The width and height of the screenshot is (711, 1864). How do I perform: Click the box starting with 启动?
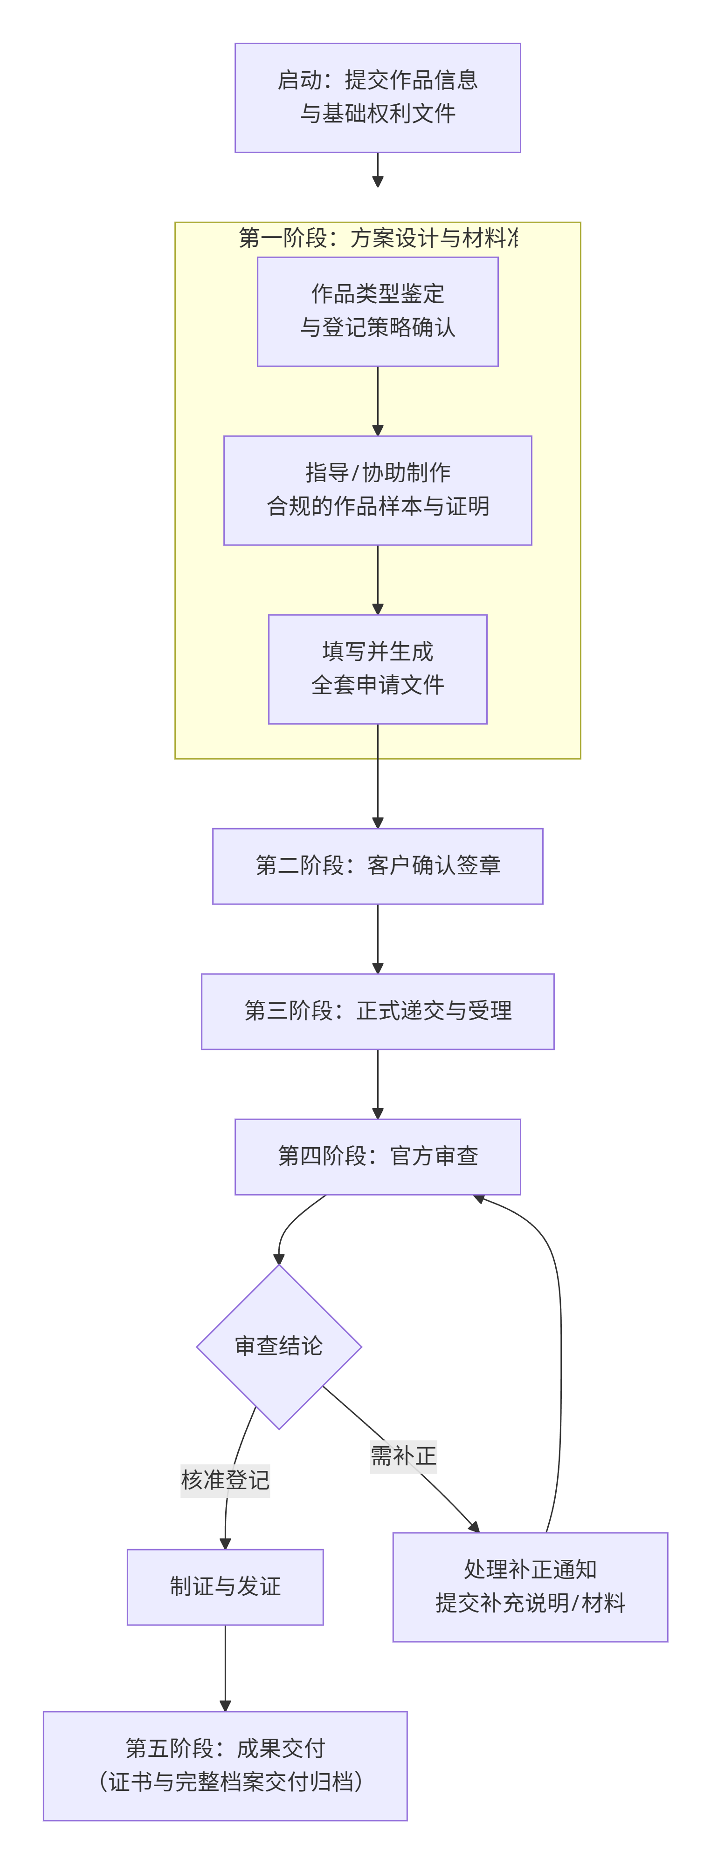tap(377, 98)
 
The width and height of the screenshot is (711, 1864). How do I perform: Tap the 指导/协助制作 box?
tap(377, 490)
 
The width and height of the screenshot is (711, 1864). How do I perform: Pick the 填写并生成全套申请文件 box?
tap(377, 669)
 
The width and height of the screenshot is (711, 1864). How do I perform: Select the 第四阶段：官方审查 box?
tap(377, 1156)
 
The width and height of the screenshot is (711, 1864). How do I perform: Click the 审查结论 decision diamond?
tap(279, 1346)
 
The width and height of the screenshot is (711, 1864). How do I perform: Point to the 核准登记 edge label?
tap(225, 1480)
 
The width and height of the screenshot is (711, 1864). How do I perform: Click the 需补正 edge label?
tap(403, 1455)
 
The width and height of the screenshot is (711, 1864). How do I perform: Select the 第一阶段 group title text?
tap(377, 238)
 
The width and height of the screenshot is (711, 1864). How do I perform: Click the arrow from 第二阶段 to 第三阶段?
tap(377, 939)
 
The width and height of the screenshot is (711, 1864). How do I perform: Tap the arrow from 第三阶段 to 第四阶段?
tap(377, 1084)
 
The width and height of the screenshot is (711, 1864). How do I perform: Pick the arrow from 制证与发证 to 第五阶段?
tap(225, 1668)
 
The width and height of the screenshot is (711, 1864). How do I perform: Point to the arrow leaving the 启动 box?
tap(377, 170)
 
